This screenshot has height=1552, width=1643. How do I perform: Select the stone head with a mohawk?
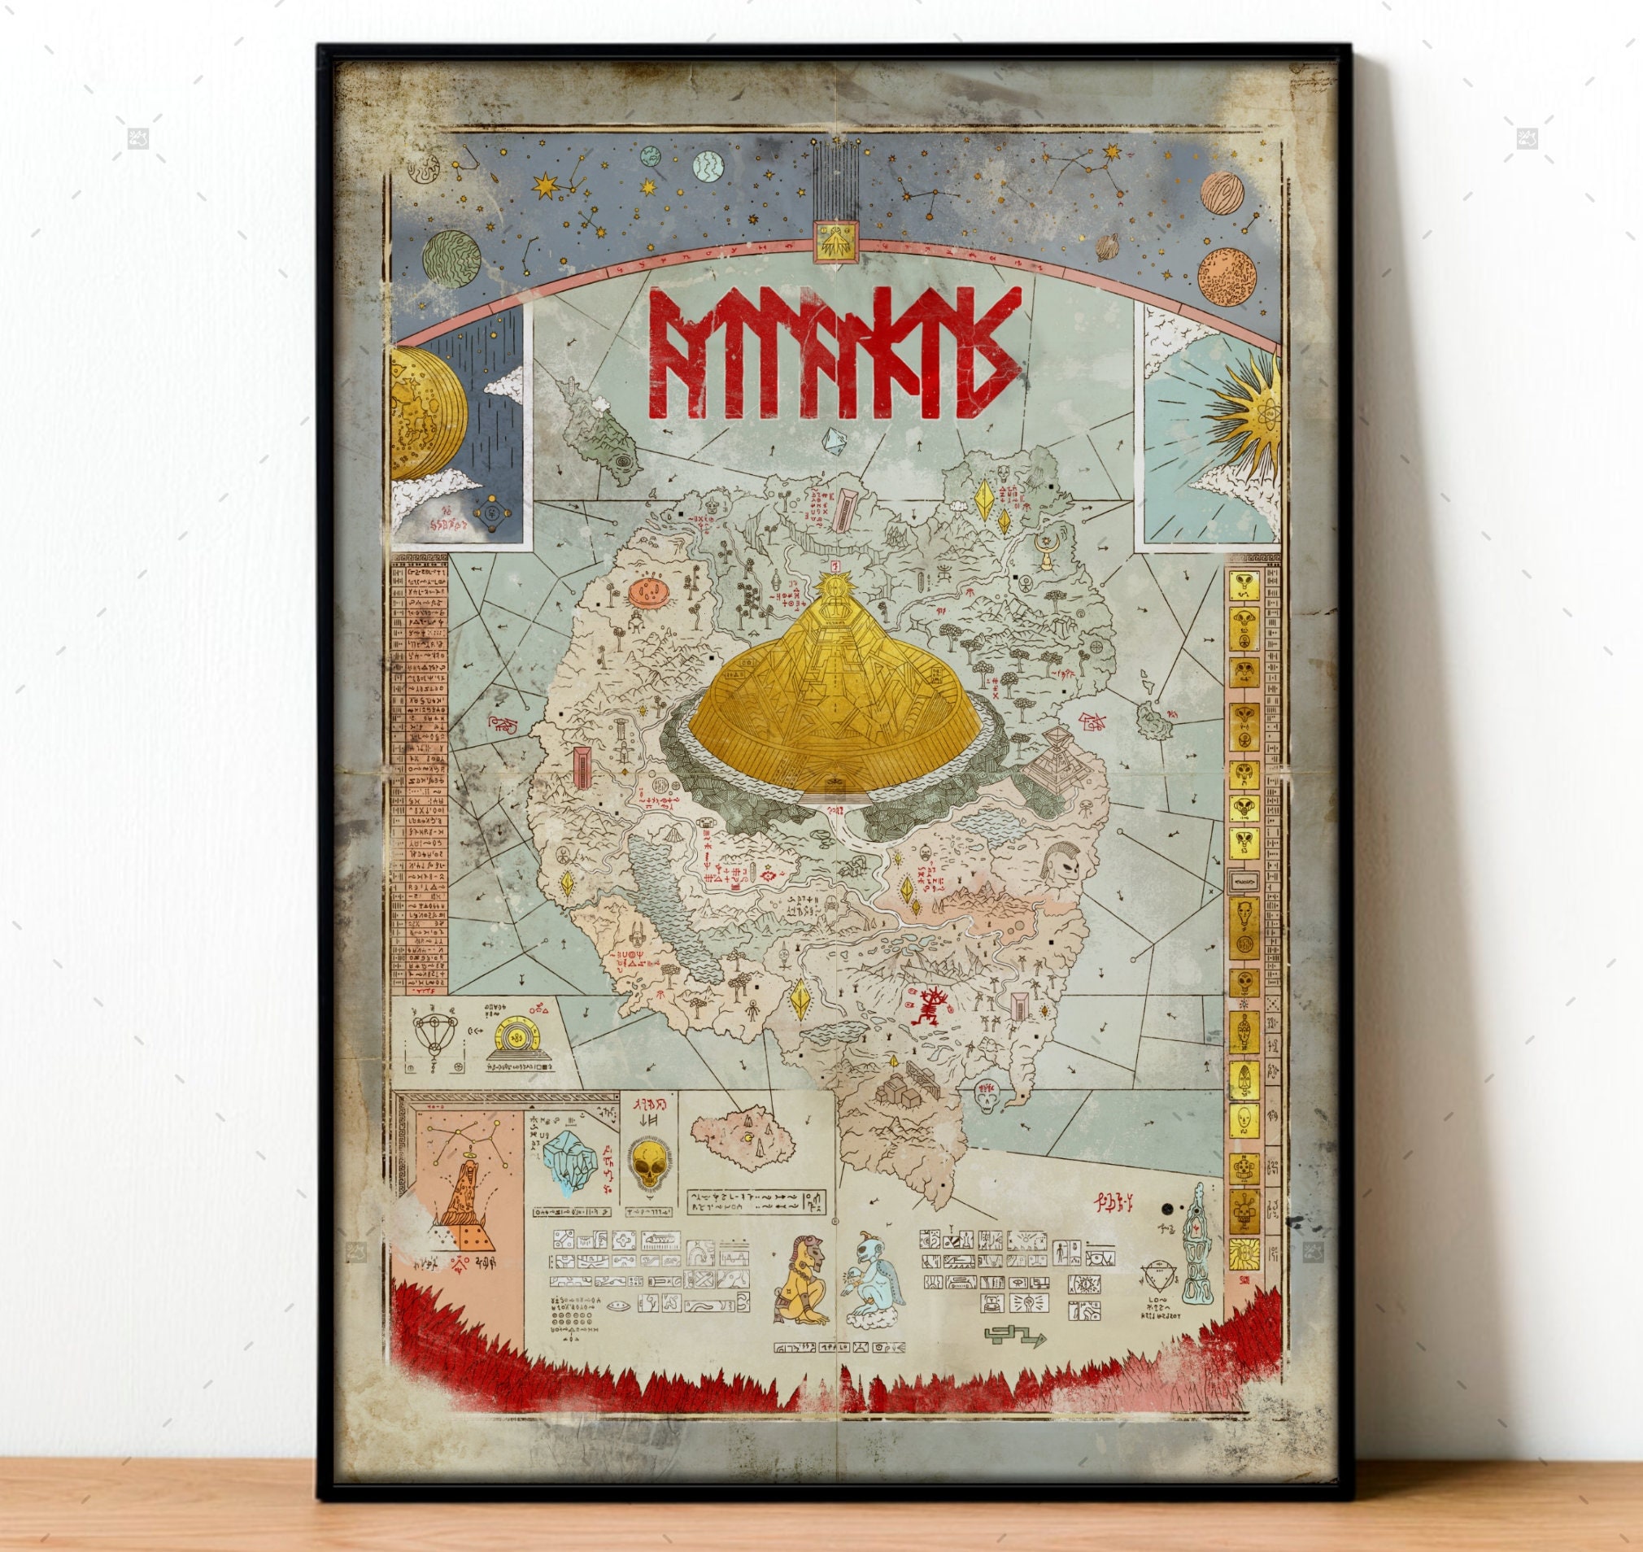[x=1062, y=869]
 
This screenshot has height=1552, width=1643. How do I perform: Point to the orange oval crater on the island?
[x=649, y=591]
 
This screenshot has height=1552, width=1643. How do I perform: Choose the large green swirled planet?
[x=451, y=259]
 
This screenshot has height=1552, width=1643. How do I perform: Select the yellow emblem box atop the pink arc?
[x=836, y=242]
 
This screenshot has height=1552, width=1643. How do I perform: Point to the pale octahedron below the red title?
[x=835, y=440]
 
